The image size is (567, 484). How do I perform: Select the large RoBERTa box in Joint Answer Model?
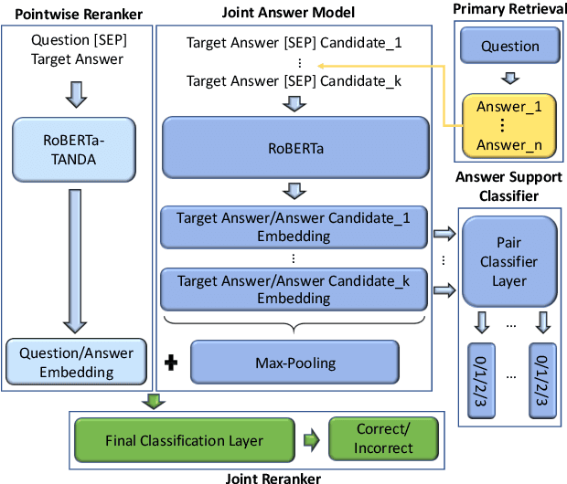(295, 146)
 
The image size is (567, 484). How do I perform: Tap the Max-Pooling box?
(295, 363)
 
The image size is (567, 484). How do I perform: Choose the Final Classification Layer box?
(183, 440)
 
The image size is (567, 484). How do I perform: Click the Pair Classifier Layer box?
(509, 261)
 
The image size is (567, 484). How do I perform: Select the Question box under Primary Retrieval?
(509, 46)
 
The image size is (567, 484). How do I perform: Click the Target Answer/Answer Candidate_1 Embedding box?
(295, 227)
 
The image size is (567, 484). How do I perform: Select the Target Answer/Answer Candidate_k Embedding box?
(295, 288)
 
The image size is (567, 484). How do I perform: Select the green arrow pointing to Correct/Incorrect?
(310, 440)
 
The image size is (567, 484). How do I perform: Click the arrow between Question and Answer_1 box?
(509, 77)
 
